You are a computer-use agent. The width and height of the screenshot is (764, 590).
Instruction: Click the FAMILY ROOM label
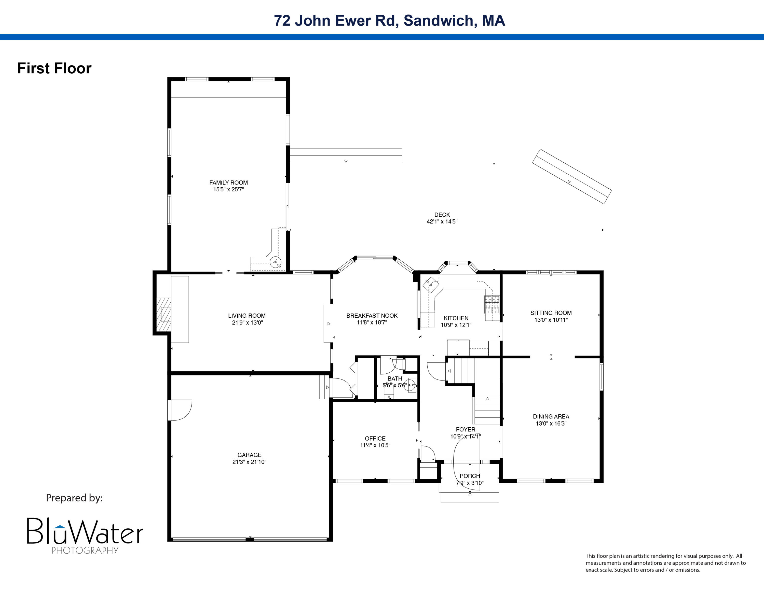coord(228,182)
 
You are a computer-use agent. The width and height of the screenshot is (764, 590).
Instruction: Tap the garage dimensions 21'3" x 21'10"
coord(249,462)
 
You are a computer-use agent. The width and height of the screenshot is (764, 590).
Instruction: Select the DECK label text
coord(442,215)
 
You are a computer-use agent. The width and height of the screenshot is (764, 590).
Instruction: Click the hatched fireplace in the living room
coord(164,315)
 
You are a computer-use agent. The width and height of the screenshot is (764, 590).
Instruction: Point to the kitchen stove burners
coord(492,304)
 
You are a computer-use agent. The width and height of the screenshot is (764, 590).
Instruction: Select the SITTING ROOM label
coord(551,313)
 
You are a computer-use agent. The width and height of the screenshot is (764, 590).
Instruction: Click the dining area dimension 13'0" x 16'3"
coord(551,423)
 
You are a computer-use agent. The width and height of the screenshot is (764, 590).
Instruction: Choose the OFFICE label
coord(375,438)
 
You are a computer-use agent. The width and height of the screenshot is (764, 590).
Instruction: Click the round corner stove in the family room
coord(275,261)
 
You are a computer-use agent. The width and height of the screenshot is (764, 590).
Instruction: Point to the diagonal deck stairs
coord(572,176)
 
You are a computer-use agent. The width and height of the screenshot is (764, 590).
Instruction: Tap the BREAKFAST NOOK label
coord(372,316)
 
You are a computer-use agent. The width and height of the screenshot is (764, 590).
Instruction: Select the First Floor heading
coord(54,68)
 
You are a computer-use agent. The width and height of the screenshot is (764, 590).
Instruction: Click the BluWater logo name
coord(85,531)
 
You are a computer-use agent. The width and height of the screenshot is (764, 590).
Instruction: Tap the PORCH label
coord(469,476)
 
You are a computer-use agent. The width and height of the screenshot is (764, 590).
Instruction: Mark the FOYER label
coord(465,429)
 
